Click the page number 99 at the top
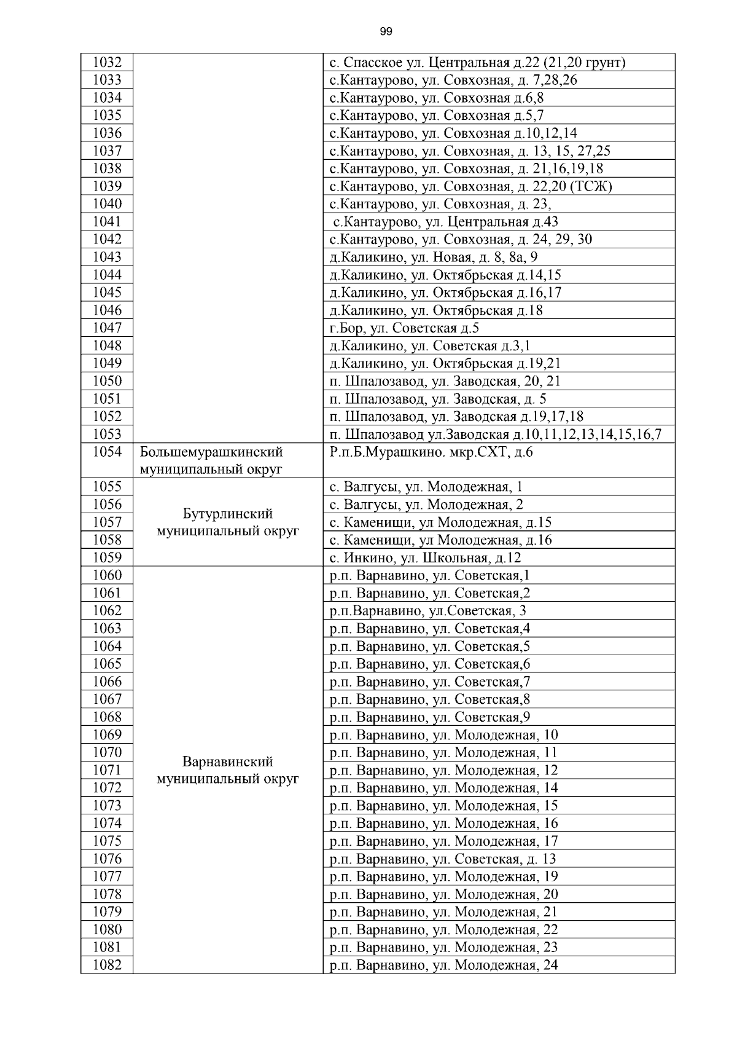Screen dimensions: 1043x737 [x=386, y=32]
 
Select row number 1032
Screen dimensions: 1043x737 [x=107, y=63]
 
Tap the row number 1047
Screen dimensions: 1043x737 [x=107, y=328]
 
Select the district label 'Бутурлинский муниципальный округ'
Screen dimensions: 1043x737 [x=228, y=522]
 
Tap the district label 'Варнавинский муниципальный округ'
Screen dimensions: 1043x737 [x=228, y=770]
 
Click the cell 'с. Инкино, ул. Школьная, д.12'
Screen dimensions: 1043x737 [x=425, y=558]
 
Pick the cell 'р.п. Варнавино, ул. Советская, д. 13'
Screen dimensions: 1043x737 [x=442, y=859]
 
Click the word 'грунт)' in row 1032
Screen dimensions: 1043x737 [x=605, y=63]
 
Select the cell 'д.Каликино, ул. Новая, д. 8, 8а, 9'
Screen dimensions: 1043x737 [x=433, y=258]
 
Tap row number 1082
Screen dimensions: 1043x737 [x=107, y=965]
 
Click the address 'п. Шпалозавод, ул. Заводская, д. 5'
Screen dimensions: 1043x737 [x=438, y=399]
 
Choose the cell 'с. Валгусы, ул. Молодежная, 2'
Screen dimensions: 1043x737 [x=426, y=505]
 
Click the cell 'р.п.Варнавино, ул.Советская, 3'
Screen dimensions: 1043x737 [x=427, y=611]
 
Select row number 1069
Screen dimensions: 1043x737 [x=107, y=735]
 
